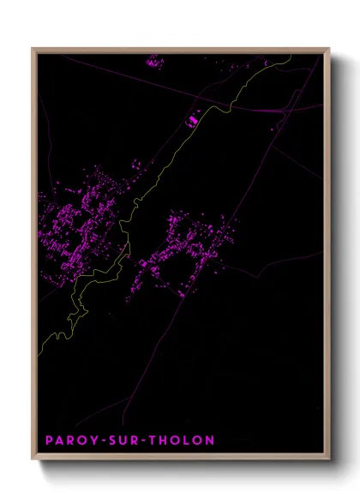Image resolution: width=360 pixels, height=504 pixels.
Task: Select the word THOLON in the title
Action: click(x=183, y=441)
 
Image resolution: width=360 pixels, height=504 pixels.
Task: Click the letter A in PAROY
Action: click(x=58, y=441)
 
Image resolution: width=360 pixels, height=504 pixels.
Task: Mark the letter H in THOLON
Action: click(x=165, y=441)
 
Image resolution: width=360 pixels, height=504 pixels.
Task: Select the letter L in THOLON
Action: click(x=189, y=441)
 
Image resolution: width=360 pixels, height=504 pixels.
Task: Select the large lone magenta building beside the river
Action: click(x=191, y=121)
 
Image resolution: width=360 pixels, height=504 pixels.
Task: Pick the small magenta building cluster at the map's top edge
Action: click(x=154, y=62)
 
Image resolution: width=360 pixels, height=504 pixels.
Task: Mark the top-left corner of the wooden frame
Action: click(x=33, y=50)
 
